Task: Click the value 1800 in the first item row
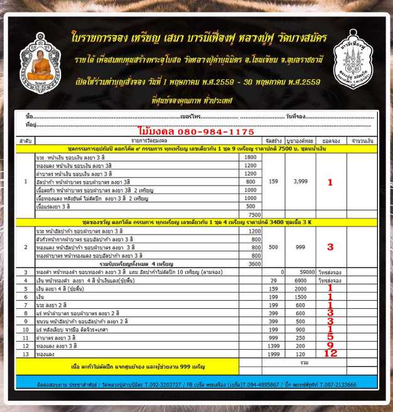pos(249,157)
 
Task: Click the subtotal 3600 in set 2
pos(249,264)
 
